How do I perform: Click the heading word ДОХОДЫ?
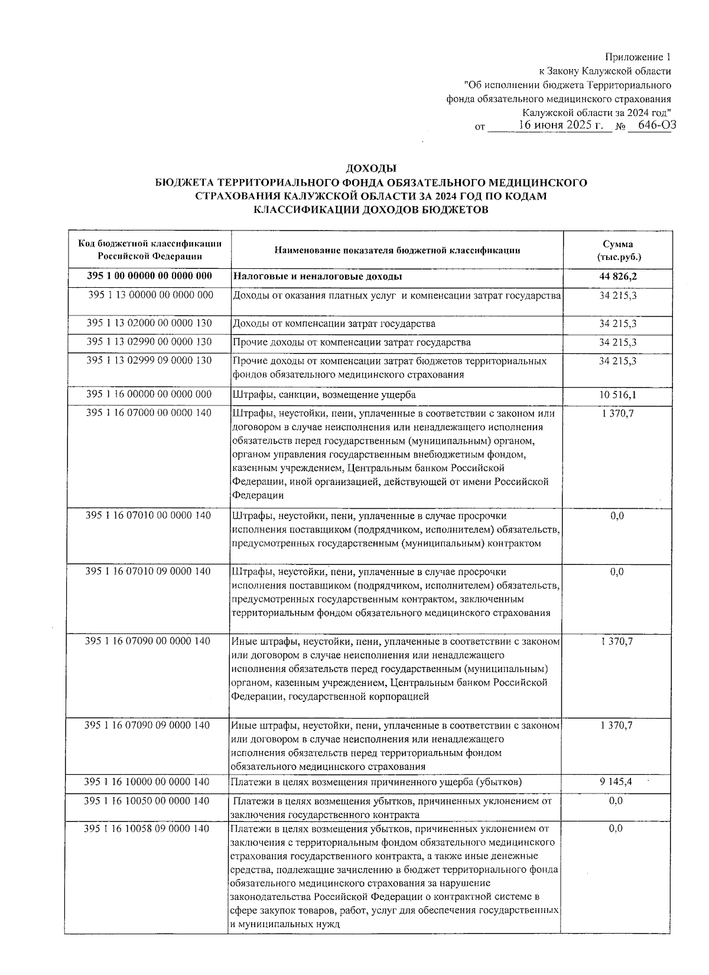[370, 170]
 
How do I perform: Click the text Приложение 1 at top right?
[638, 57]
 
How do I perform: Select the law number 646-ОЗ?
[653, 125]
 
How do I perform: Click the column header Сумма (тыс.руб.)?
[618, 251]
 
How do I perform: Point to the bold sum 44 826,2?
[618, 277]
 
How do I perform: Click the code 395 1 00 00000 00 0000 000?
[149, 276]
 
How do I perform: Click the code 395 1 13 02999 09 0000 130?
[149, 360]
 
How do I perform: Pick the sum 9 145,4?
[616, 782]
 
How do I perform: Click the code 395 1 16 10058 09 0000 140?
[147, 828]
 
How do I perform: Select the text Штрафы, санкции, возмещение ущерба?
[324, 395]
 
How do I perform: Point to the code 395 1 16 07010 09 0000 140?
[148, 571]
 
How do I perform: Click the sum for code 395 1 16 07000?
[617, 413]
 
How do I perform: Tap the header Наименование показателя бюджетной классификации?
[397, 251]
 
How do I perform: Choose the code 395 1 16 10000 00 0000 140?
[147, 782]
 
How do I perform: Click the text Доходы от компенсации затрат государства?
[334, 324]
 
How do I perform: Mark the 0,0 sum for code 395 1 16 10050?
[616, 801]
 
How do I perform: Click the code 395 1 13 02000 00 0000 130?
[149, 323]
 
